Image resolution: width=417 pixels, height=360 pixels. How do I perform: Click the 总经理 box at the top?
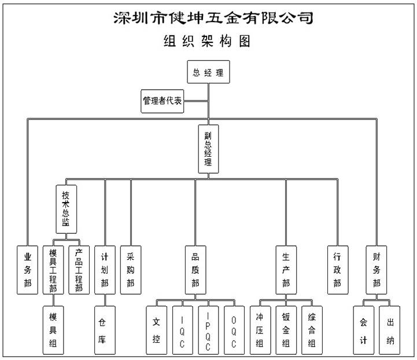[x=208, y=73]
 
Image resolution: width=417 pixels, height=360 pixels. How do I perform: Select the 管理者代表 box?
[x=163, y=101]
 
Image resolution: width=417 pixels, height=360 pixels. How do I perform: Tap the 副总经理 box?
[x=208, y=149]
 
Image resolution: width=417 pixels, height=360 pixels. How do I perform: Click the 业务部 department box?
[x=28, y=270]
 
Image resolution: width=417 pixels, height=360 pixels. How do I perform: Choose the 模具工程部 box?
[x=53, y=270]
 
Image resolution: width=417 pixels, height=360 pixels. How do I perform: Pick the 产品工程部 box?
[x=79, y=270]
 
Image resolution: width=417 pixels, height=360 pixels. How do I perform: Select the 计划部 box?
[x=105, y=270]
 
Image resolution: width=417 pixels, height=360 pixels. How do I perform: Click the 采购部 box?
[x=131, y=270]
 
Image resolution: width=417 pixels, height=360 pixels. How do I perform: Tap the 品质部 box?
[x=195, y=270]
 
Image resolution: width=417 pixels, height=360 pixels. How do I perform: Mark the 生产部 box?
[x=286, y=270]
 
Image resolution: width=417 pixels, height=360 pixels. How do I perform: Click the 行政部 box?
[x=337, y=270]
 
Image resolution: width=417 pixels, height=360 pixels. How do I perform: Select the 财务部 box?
[x=377, y=270]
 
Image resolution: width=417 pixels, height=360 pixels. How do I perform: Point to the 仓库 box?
[x=105, y=330]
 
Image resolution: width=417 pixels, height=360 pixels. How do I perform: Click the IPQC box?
[x=208, y=330]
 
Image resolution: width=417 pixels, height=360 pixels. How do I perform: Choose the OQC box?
[x=234, y=330]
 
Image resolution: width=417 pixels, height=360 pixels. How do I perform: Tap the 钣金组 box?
[x=286, y=330]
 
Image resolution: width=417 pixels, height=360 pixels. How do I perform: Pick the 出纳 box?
[x=390, y=330]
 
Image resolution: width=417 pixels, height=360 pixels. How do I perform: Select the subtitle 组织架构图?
[x=208, y=42]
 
